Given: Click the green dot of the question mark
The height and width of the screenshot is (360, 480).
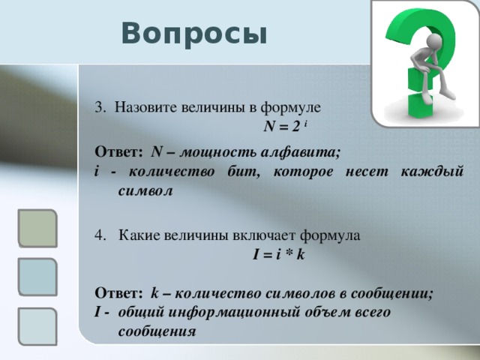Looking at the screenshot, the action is pyautogui.click(x=420, y=105).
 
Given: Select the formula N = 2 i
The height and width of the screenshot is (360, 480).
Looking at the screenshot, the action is pyautogui.click(x=285, y=126).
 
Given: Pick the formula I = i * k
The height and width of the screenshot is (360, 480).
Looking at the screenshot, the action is pyautogui.click(x=278, y=255).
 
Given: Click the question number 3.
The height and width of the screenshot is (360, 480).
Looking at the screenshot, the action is pyautogui.click(x=100, y=107).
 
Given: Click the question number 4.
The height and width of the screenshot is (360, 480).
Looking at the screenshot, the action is pyautogui.click(x=100, y=235).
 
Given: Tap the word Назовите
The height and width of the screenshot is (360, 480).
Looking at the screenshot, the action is pyautogui.click(x=145, y=107).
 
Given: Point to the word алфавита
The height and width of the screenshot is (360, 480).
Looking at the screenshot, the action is pyautogui.click(x=301, y=152).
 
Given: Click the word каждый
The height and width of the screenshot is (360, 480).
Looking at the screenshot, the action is pyautogui.click(x=432, y=172).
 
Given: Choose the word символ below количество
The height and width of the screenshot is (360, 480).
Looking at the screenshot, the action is pyautogui.click(x=145, y=191).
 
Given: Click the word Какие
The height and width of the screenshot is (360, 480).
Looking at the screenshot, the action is pyautogui.click(x=139, y=235).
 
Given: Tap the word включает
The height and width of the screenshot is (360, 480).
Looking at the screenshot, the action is pyautogui.click(x=265, y=235).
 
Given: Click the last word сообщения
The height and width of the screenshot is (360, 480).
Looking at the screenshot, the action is pyautogui.click(x=157, y=331).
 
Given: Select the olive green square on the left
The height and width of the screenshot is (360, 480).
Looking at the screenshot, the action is pyautogui.click(x=37, y=228).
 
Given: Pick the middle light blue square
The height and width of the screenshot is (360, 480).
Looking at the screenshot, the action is pyautogui.click(x=37, y=277).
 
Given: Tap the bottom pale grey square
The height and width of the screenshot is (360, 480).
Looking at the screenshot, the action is pyautogui.click(x=37, y=326).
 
